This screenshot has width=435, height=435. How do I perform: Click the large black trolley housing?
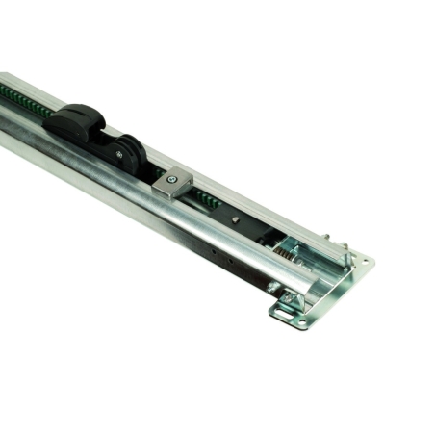tap(77, 125)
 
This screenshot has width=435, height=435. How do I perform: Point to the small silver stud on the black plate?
tap(234, 217)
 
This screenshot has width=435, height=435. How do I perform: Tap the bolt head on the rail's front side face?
tap(273, 287)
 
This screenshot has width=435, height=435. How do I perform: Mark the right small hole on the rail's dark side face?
tap(229, 260)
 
